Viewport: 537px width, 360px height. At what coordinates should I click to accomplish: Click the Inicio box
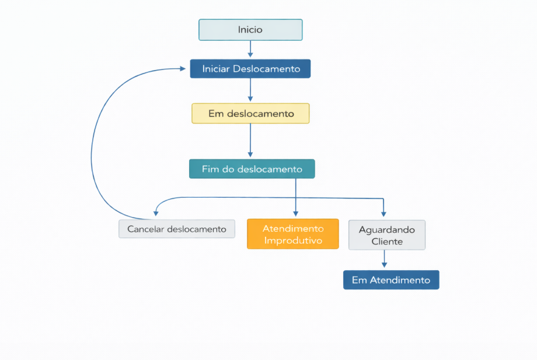coord(250,30)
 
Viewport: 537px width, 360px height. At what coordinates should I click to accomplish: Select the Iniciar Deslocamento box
coord(250,69)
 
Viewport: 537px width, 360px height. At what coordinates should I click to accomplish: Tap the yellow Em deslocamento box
coord(250,113)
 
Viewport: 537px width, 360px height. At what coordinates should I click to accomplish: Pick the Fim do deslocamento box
coord(252,169)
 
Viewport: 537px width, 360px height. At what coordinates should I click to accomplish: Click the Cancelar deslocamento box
coord(177,229)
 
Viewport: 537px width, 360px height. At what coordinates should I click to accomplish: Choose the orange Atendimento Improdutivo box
coord(292,234)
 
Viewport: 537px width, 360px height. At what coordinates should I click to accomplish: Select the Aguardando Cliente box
coord(387,235)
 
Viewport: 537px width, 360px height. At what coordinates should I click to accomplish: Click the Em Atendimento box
coord(390,280)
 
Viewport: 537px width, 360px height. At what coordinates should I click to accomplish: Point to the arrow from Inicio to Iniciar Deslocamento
coord(250,49)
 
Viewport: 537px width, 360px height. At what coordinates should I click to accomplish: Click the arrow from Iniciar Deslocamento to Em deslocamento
coord(250,90)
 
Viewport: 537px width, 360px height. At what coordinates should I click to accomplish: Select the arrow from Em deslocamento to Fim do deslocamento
coord(250,140)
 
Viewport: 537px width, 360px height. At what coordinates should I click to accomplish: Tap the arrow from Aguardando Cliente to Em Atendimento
coord(384,258)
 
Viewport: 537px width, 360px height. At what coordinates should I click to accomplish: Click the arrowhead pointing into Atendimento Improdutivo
coord(295,214)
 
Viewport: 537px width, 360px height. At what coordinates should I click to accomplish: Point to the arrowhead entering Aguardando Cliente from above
coord(383,214)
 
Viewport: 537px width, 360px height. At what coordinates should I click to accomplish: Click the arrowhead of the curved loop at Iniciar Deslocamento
coord(183,69)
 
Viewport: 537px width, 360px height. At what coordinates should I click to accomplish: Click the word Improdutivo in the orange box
coord(292,240)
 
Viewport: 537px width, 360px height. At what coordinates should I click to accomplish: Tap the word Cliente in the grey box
coord(387,242)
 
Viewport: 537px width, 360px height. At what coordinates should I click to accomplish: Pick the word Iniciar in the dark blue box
coord(216,69)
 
